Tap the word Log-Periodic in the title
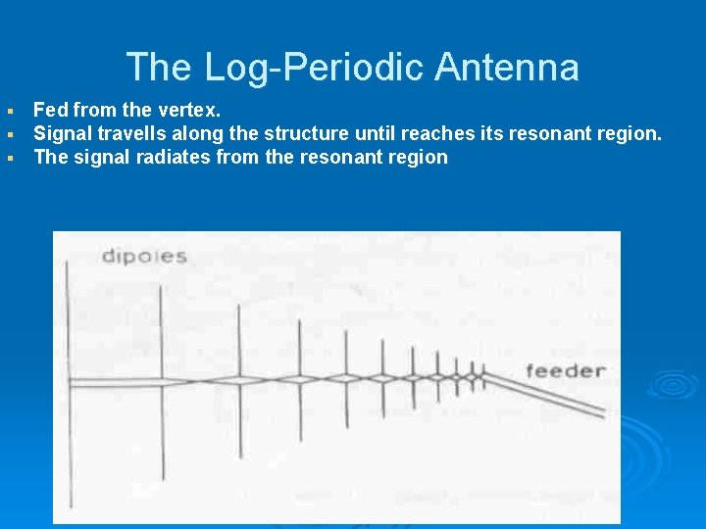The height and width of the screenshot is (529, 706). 314,68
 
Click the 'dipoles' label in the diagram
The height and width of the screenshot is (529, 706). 144,257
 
